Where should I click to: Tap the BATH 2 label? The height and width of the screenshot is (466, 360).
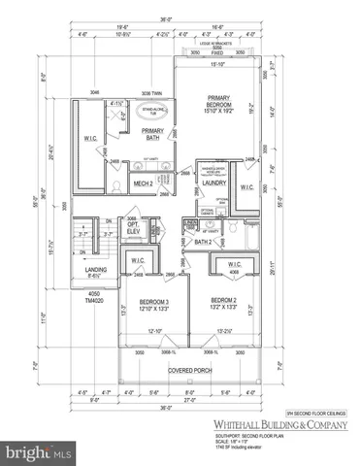202,242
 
